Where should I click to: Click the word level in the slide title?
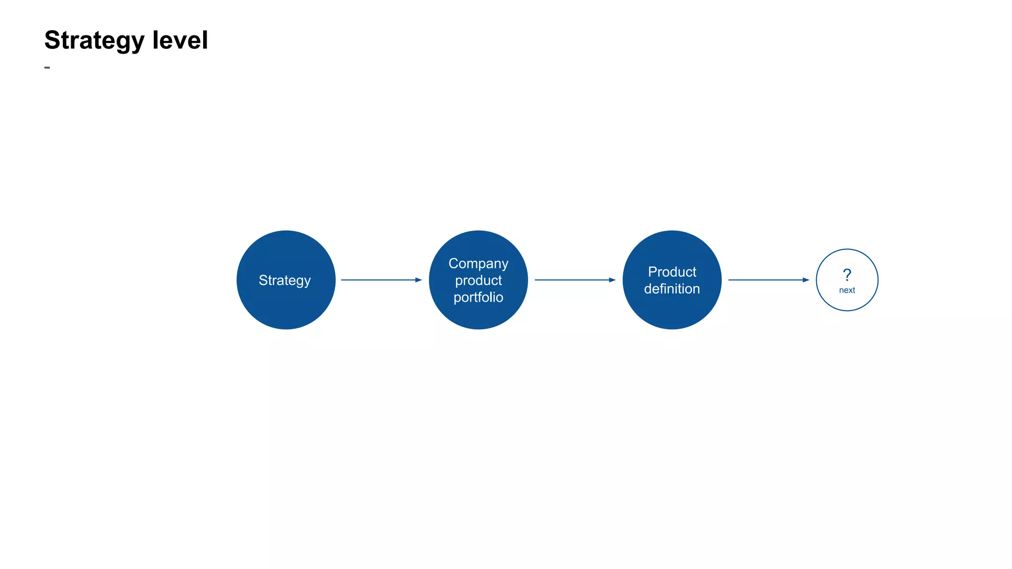tap(180, 40)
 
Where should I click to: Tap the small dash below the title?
tap(47, 67)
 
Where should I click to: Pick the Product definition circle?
tap(672, 311)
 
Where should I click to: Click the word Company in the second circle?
tap(478, 264)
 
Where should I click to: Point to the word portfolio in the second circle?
tap(478, 297)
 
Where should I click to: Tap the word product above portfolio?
tap(478, 281)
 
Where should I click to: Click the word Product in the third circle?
tap(672, 272)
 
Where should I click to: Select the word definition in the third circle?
tap(672, 289)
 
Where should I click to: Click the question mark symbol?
tap(847, 275)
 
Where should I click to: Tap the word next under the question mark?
tap(847, 290)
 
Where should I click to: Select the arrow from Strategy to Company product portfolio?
tap(378, 280)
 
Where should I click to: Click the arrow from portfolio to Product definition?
tap(572, 280)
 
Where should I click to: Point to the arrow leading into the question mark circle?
tap(765, 280)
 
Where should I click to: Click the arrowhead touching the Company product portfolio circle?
tap(419, 280)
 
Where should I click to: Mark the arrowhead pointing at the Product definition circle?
tap(612, 280)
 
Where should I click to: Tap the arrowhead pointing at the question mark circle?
tap(806, 280)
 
